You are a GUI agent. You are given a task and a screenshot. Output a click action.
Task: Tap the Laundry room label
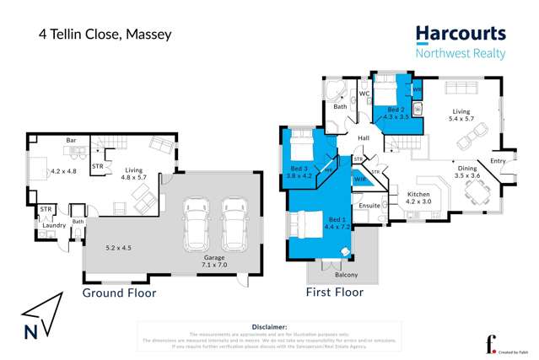pyautogui.click(x=54, y=225)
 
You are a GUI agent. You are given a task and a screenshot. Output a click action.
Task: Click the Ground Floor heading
pyautogui.click(x=118, y=293)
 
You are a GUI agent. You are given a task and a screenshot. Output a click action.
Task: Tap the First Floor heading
pyautogui.click(x=334, y=293)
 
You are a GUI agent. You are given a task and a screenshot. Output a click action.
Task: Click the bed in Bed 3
pyautogui.click(x=299, y=152)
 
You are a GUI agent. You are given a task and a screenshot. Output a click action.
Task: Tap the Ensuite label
pyautogui.click(x=369, y=205)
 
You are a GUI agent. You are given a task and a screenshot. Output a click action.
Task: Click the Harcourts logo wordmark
pyautogui.click(x=461, y=34)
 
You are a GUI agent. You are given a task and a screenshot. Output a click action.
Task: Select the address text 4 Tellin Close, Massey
pyautogui.click(x=105, y=35)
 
